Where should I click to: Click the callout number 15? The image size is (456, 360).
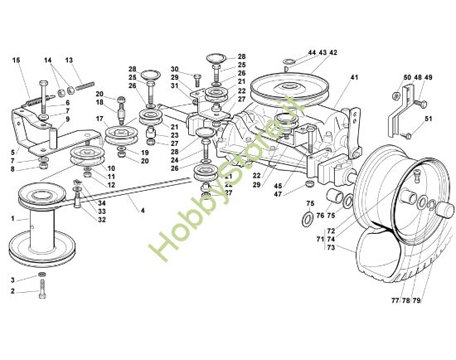(17, 61)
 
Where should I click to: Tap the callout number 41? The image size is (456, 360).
(354, 77)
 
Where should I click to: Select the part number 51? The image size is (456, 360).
(429, 119)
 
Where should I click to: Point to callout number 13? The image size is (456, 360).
(69, 61)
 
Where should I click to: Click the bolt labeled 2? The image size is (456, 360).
(42, 289)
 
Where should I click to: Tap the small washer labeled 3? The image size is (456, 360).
(42, 275)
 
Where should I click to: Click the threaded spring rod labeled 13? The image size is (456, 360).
(85, 85)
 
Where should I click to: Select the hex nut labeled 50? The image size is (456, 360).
(395, 95)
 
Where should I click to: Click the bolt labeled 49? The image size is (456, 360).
(420, 103)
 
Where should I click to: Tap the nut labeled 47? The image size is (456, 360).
(309, 183)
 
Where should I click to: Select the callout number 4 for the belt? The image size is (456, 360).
(143, 210)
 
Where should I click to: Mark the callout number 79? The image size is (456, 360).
(417, 300)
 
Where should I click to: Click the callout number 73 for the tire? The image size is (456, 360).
(331, 247)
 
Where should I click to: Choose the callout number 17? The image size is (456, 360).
(99, 119)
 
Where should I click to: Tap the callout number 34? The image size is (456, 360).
(101, 203)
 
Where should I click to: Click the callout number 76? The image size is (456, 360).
(320, 216)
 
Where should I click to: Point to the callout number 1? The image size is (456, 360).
(12, 218)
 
